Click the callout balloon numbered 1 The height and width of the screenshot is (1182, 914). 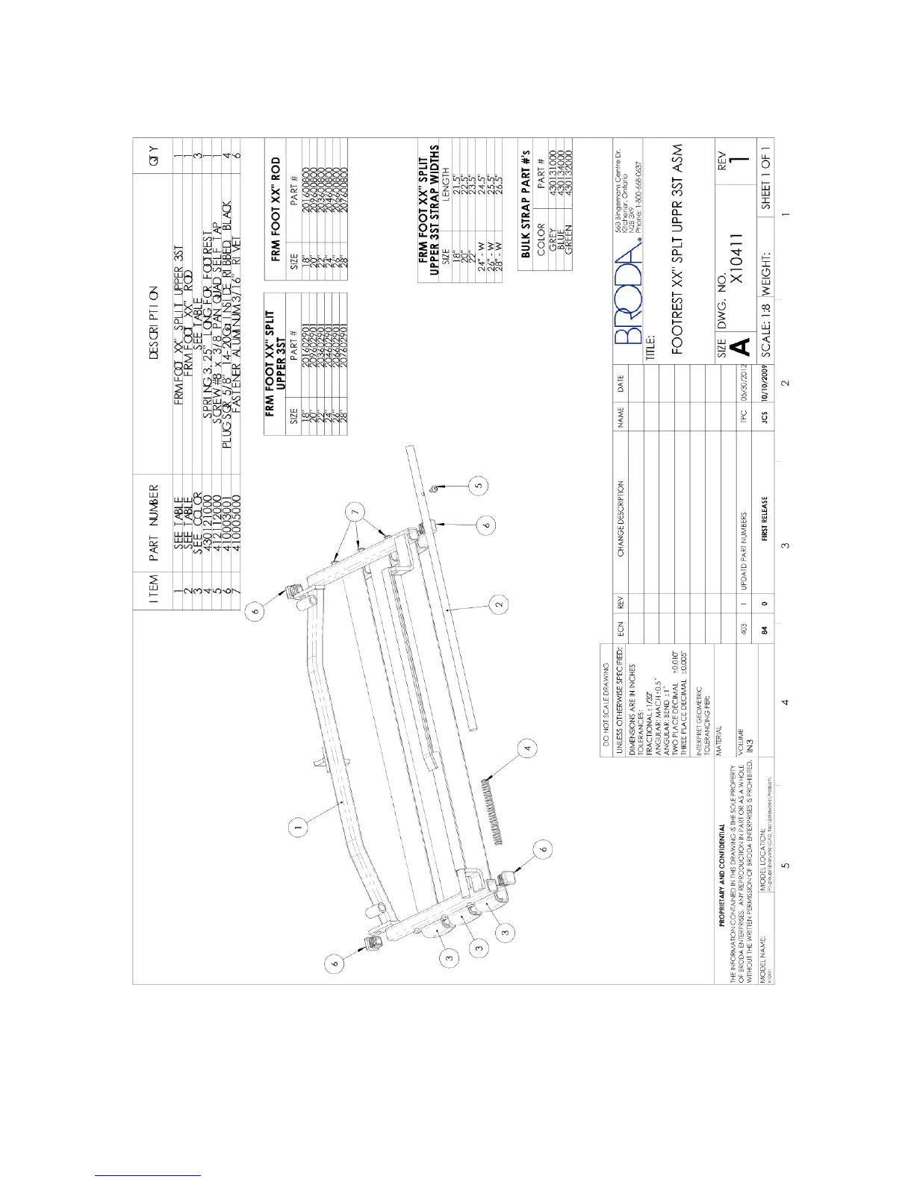coord(297,826)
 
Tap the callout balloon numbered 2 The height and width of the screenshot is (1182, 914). coord(499,601)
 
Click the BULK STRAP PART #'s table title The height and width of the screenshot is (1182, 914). coord(526,203)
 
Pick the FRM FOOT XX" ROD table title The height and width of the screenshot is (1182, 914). coord(275,209)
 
